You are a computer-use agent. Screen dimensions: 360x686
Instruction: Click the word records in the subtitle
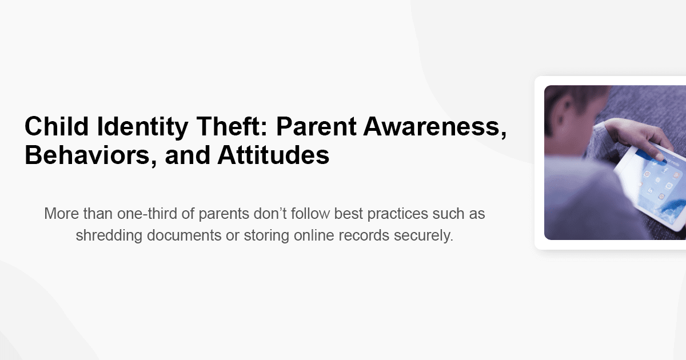pyautogui.click(x=366, y=235)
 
